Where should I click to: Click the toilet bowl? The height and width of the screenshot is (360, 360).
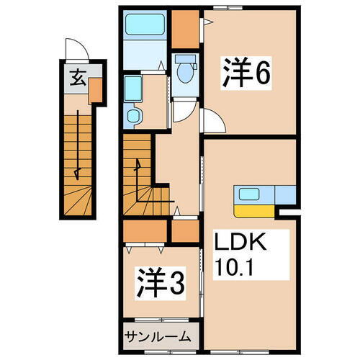click(x=185, y=70)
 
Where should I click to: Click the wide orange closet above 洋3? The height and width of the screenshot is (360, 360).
click(x=145, y=232)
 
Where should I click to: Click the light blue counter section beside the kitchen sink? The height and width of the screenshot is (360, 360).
click(x=284, y=194)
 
